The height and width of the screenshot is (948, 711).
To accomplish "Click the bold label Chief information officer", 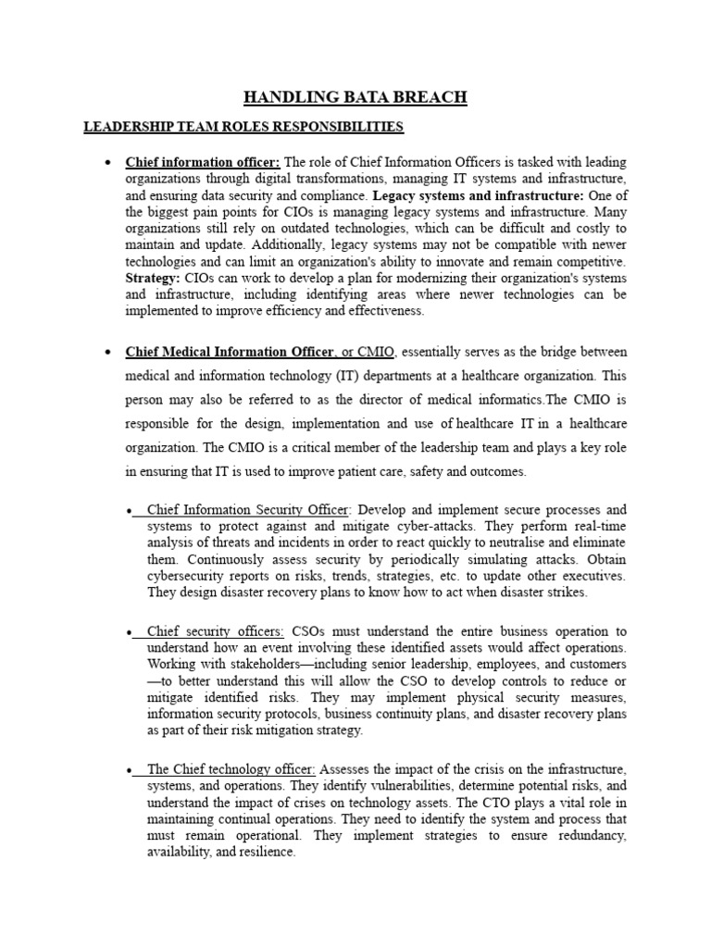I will pyautogui.click(x=203, y=162).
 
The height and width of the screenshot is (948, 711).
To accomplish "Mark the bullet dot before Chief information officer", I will pyautogui.click(x=108, y=163).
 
